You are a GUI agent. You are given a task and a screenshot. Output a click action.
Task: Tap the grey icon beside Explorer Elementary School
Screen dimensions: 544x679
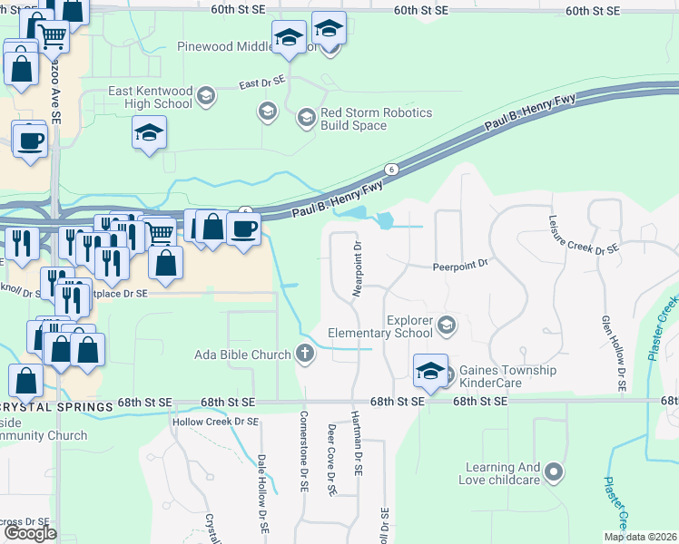click(x=447, y=324)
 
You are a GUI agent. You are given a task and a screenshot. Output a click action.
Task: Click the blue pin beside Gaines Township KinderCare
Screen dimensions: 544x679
click(x=430, y=370)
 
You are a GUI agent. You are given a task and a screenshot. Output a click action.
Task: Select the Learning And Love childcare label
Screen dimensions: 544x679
click(x=502, y=474)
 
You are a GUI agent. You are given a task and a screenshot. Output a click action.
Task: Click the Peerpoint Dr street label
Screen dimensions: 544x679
click(x=460, y=265)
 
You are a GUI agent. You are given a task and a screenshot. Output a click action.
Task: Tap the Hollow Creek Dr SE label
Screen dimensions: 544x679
click(x=215, y=422)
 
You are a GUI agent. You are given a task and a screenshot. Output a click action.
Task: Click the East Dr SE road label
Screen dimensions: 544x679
click(x=261, y=84)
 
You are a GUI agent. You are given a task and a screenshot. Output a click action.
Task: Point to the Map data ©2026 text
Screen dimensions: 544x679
click(x=640, y=537)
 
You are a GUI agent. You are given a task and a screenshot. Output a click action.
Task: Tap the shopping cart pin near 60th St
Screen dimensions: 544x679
click(x=54, y=37)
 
